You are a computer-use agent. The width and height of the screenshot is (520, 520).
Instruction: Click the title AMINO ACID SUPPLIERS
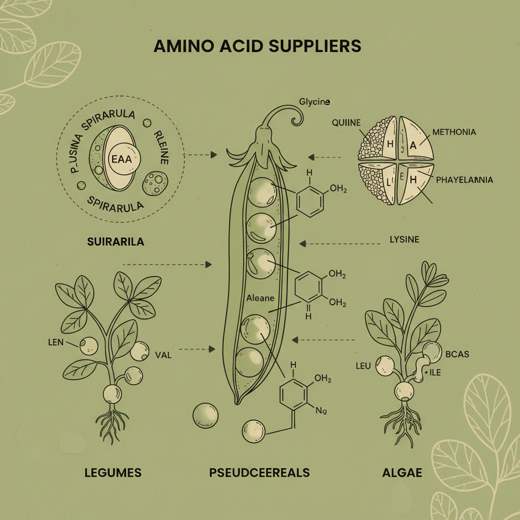click(257, 46)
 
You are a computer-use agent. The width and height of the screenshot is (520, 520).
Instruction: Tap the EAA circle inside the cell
click(121, 158)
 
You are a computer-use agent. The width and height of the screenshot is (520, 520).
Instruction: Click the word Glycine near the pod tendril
click(315, 103)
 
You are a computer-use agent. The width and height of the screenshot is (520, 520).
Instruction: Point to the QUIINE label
click(346, 122)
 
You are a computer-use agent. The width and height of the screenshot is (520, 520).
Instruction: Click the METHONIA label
click(454, 132)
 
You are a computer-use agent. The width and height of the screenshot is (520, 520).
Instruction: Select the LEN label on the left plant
click(55, 342)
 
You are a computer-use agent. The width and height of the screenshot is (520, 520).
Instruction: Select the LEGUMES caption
click(113, 473)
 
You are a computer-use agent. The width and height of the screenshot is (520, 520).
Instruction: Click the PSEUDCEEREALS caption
click(259, 473)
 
